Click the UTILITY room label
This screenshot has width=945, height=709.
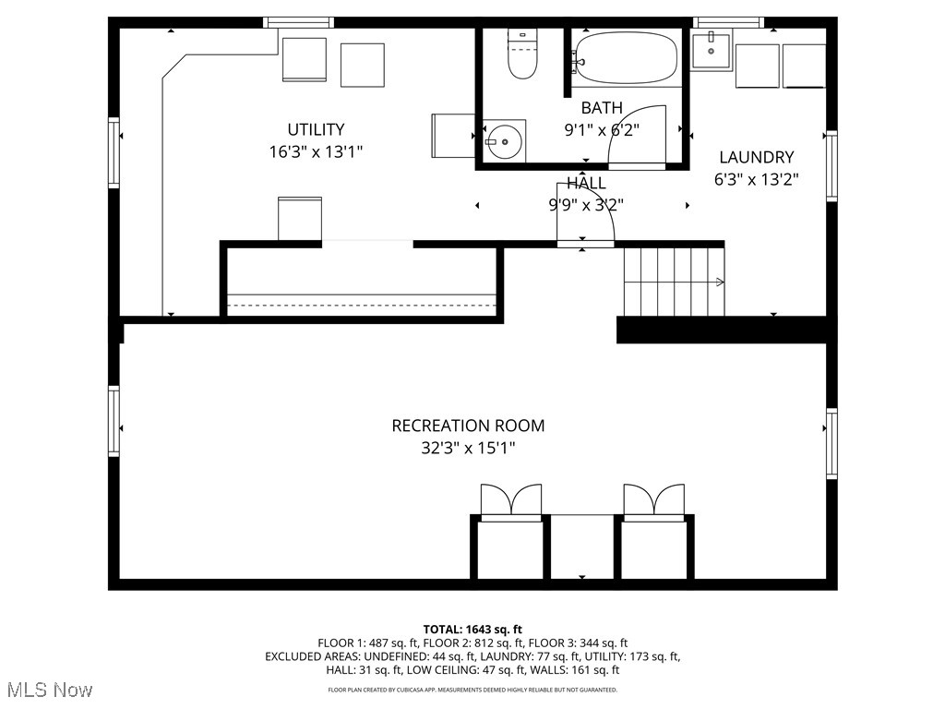[x=316, y=130]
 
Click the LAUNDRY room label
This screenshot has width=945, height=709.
[x=756, y=158]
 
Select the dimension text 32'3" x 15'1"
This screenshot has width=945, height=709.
[x=468, y=449]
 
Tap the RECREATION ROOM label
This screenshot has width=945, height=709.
[x=468, y=426]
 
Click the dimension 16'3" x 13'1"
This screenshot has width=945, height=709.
[x=316, y=152]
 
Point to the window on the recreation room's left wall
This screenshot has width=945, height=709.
[x=114, y=421]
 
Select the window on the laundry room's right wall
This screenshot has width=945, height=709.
[x=831, y=166]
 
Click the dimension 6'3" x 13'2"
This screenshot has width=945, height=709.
[x=756, y=180]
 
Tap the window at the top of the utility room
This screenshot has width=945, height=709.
[x=296, y=22]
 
